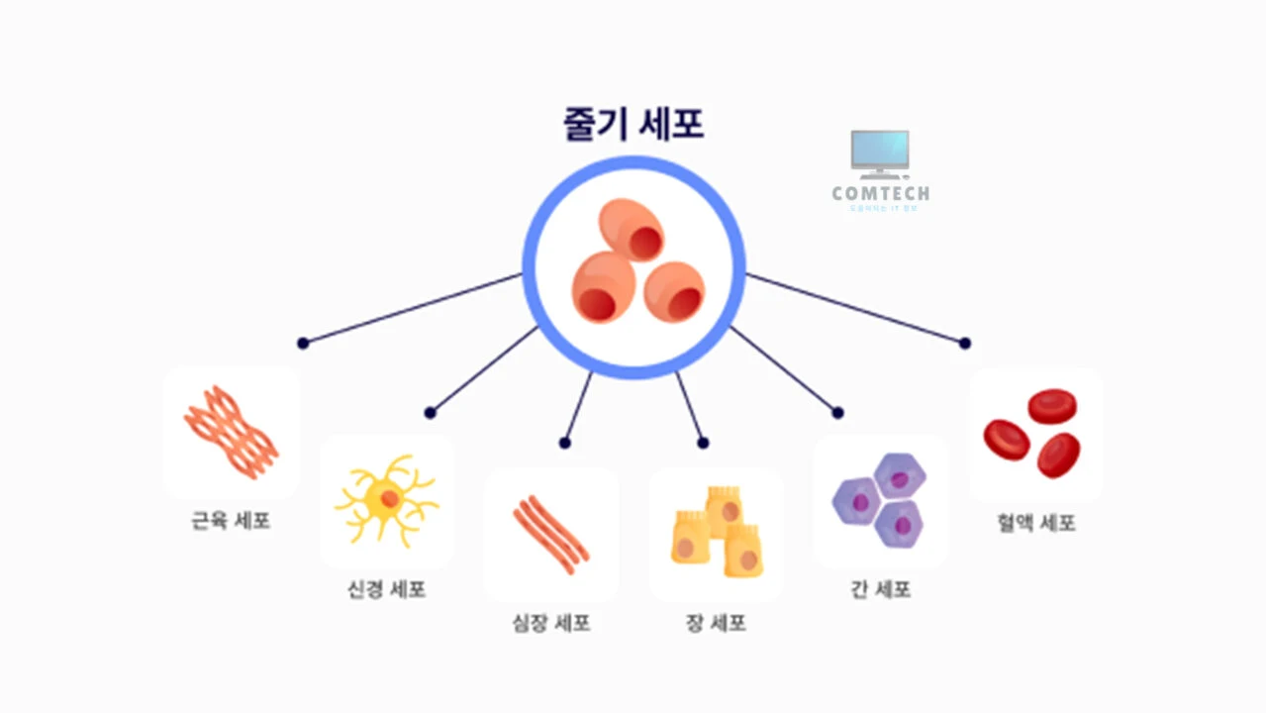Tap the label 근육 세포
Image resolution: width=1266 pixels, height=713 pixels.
231,521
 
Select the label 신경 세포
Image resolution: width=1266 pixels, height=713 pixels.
387,590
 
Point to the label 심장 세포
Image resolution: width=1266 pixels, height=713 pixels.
551,624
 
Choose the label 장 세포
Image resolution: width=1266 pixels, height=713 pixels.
716,624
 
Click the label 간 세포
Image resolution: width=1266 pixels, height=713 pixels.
880,590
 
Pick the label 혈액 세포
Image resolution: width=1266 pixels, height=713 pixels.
1036,523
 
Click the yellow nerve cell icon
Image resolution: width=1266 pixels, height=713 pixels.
386,499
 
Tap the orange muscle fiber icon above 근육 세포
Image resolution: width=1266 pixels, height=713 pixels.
231,432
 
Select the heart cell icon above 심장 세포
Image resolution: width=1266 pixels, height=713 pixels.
551,535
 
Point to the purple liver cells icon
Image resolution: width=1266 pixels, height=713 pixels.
880,500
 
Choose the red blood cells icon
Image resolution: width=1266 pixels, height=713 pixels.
1034,432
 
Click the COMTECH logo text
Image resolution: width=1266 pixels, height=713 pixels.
880,194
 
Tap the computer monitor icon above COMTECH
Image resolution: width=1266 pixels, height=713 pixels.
880,153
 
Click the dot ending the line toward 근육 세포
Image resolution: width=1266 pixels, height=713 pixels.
303,344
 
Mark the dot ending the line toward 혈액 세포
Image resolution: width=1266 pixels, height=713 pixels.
965,344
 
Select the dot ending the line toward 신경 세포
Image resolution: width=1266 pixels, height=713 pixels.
430,413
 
